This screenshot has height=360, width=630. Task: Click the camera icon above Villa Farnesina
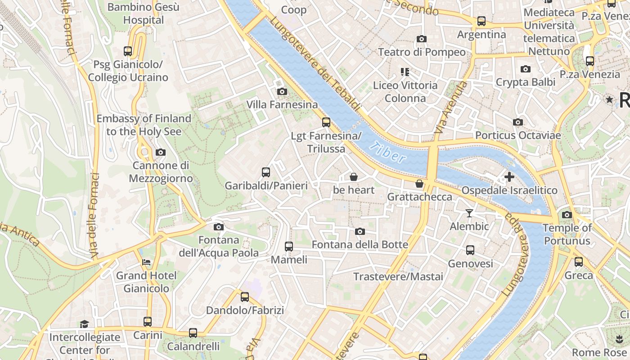[x=282, y=92]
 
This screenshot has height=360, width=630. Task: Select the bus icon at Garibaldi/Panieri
[x=266, y=172]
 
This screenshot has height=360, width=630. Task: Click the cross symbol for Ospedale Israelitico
[x=509, y=177]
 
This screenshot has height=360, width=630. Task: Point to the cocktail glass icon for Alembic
[x=469, y=213]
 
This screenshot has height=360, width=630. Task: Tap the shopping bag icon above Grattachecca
[x=419, y=184]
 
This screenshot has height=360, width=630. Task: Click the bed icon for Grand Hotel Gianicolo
[x=146, y=262]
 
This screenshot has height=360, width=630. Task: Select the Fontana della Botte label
[x=360, y=245]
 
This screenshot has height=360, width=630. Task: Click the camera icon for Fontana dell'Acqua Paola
[x=218, y=227]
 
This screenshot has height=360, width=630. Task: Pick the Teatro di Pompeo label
[x=422, y=52]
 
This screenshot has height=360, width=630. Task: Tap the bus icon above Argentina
[x=481, y=21]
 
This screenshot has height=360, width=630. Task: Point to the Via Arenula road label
[x=449, y=107]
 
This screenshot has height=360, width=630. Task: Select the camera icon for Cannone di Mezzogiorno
[x=161, y=152]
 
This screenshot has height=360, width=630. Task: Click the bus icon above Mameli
[x=289, y=246]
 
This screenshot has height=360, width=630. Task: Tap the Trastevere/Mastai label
[x=398, y=276]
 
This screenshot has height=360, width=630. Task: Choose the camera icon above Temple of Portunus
[x=567, y=215]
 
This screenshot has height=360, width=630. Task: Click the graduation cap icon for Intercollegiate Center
[x=84, y=324]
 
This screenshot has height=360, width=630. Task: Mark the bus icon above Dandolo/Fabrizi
[x=245, y=297]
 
